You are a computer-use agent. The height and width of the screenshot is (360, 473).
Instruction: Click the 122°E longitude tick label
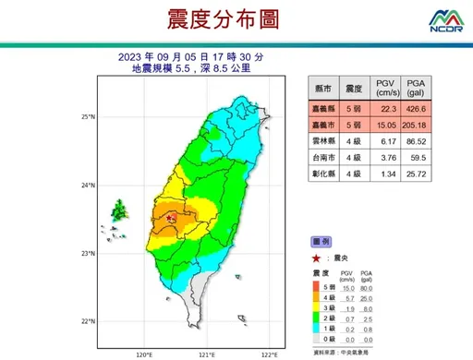pos(269,354)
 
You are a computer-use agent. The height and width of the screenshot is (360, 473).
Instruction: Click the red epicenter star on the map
pos(169,218)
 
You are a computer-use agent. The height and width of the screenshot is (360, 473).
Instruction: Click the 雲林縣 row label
pos(324,141)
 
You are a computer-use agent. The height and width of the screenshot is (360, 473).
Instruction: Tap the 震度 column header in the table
pos(353,89)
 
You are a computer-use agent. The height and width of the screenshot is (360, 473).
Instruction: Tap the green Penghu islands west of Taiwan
pos(118,212)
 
